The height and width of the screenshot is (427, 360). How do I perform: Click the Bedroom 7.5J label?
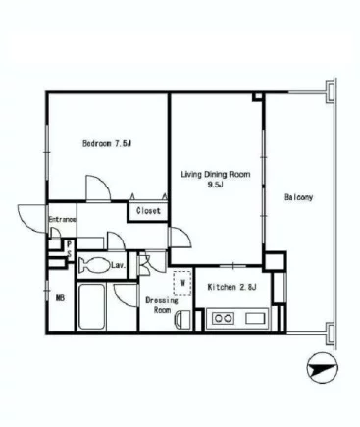pos(107,143)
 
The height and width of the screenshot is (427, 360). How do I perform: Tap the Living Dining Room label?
pos(216,174)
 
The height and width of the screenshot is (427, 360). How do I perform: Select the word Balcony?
pos(298,197)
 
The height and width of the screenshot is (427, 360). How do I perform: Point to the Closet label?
pos(148,211)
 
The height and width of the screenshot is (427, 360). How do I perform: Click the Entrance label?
pos(63,219)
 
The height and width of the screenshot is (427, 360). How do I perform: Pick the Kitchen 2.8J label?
pos(231,287)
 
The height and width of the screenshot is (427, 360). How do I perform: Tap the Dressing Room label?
pos(162,305)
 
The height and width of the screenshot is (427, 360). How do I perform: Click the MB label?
pos(60,298)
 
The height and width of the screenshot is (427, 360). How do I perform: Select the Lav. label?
pos(119,265)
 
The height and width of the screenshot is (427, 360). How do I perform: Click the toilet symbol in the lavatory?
pos(95,265)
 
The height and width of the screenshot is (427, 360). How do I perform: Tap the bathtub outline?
pos(92,307)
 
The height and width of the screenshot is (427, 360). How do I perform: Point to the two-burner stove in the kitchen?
pos(224,318)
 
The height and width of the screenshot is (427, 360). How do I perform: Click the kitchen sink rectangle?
pos(256,318)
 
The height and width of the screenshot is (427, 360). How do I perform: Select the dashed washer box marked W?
pos(182,284)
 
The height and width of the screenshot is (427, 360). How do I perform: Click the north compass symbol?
pos(323,368)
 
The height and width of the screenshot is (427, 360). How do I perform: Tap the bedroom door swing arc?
pos(104,181)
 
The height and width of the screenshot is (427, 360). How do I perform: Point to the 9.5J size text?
pos(216,185)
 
